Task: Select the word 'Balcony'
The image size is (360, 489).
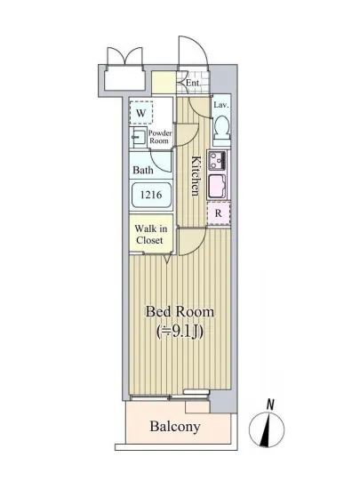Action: pos(174,427)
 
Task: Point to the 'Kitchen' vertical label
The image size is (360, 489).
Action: pos(195,175)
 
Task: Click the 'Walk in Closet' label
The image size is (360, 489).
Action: pos(149,234)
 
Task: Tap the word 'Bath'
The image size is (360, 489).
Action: pos(142,170)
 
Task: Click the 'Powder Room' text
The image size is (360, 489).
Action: pos(160,137)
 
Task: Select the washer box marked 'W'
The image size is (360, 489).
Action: pos(141,113)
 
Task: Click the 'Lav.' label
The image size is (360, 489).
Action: pos(221,105)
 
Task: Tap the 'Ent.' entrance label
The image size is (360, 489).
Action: pos(192,84)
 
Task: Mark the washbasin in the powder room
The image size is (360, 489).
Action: pos(139,138)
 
